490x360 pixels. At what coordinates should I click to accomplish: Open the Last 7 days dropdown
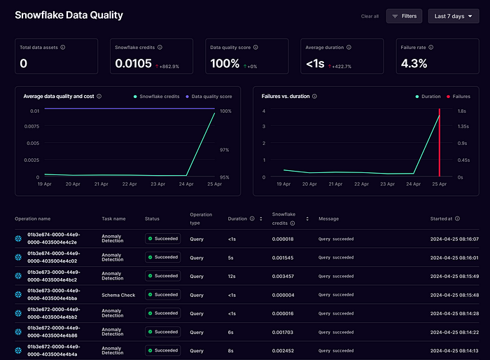click(x=454, y=16)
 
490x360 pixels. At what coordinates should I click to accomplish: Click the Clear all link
click(x=370, y=16)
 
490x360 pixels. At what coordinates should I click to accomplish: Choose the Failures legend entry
click(x=458, y=96)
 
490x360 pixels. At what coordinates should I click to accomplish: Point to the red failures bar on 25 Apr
click(x=439, y=144)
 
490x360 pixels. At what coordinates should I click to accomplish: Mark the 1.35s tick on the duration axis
click(x=463, y=127)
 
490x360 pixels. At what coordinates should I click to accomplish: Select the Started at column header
click(x=441, y=219)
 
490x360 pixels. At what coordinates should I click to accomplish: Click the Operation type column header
click(x=202, y=219)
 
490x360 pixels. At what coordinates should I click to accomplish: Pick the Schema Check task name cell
click(x=118, y=295)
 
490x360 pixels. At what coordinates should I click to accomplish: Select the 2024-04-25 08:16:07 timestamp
click(x=454, y=238)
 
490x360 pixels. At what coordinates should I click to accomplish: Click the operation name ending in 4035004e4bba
click(x=53, y=295)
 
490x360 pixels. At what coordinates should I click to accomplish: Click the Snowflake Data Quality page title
click(x=69, y=15)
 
